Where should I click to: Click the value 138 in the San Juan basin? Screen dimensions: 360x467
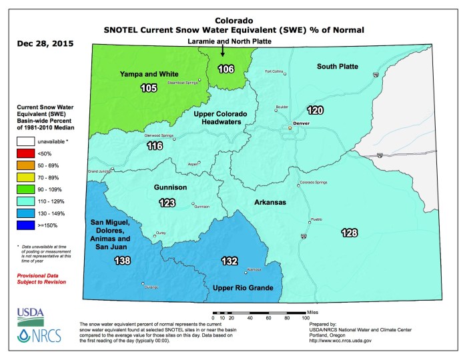point(103,260)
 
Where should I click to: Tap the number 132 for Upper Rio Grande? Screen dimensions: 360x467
point(229,262)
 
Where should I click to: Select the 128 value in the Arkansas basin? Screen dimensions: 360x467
point(349,233)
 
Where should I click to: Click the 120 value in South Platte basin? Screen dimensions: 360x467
point(314,110)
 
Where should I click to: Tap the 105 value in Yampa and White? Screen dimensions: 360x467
point(148,88)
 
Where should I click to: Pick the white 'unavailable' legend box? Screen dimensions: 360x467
point(25,141)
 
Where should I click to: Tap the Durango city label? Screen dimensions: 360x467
point(151,287)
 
